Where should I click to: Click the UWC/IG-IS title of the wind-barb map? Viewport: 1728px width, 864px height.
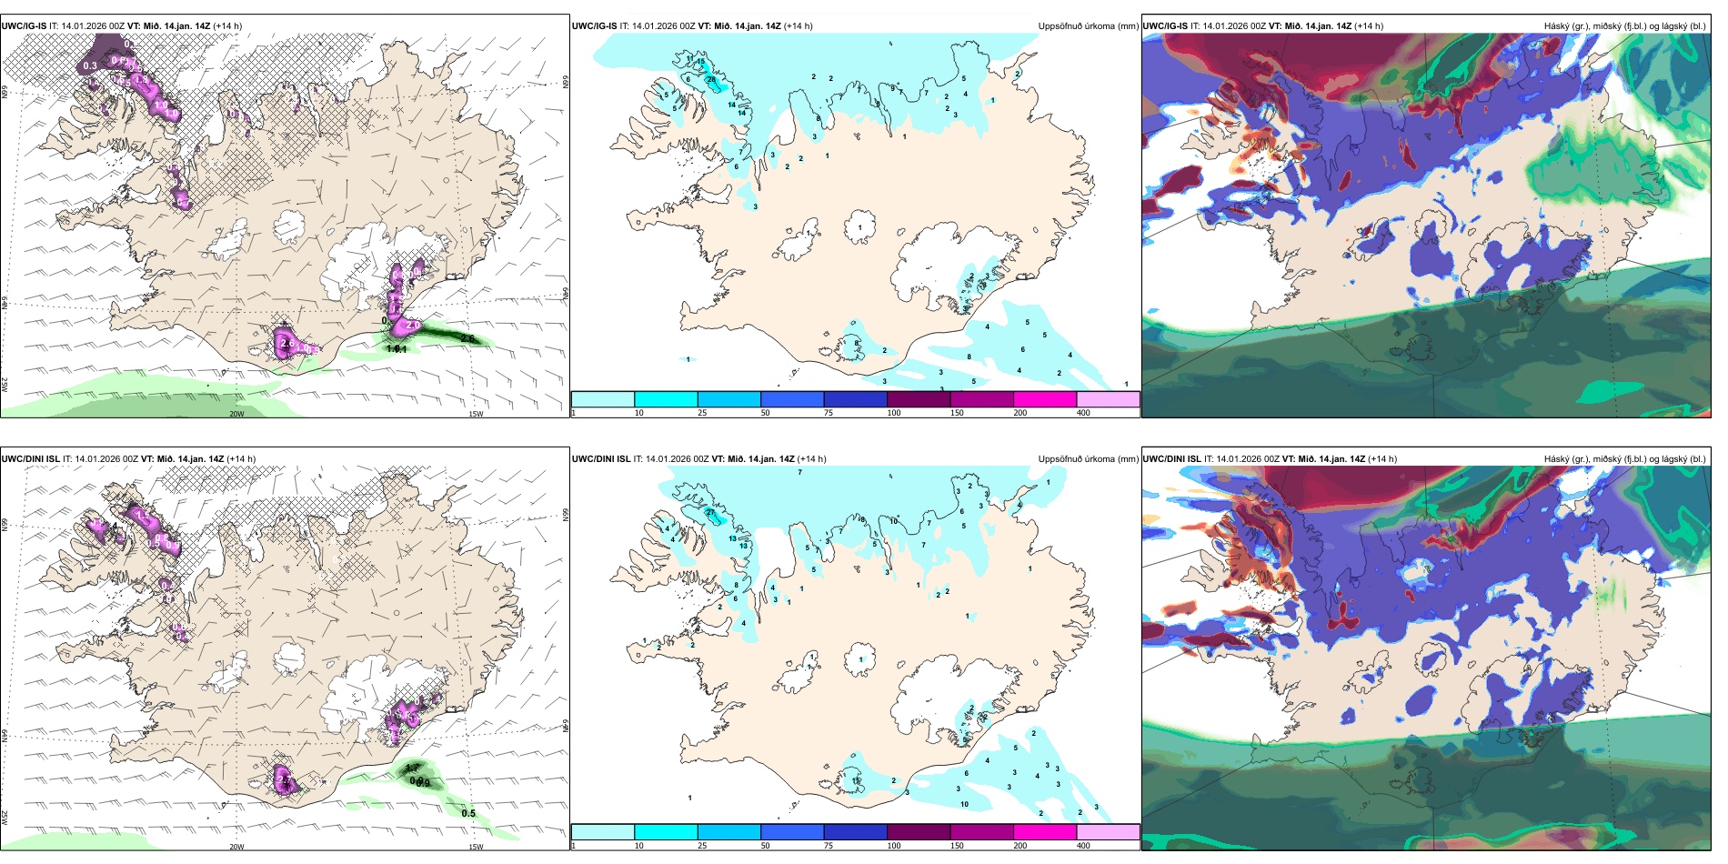click(24, 26)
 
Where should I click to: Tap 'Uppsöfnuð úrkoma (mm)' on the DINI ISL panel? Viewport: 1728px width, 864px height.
click(1088, 459)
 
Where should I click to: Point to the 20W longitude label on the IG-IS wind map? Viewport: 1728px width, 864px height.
click(236, 414)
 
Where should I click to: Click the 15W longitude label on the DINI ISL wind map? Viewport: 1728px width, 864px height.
click(475, 847)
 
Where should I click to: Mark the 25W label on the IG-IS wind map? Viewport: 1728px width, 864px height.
click(5, 385)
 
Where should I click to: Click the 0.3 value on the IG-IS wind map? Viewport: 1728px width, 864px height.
click(90, 66)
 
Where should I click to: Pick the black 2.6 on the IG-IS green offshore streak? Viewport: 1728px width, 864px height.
click(467, 338)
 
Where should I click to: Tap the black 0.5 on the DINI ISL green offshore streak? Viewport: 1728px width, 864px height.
click(468, 813)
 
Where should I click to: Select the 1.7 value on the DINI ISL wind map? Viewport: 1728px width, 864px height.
click(412, 769)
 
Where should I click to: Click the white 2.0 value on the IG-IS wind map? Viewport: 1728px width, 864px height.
click(412, 325)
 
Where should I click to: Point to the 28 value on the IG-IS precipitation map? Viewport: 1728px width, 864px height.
click(711, 81)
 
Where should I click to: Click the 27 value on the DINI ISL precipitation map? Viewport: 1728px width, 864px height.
click(712, 514)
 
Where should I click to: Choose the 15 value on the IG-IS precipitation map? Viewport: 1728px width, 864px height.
click(700, 62)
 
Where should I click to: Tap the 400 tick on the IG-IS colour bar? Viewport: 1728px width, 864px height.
click(1083, 413)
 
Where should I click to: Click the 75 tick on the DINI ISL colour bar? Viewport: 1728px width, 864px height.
click(829, 846)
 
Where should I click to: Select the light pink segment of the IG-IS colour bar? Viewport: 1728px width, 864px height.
click(1108, 399)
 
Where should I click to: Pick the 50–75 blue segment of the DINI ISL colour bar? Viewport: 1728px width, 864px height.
click(791, 832)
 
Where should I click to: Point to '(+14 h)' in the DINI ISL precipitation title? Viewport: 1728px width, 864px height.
click(812, 459)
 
